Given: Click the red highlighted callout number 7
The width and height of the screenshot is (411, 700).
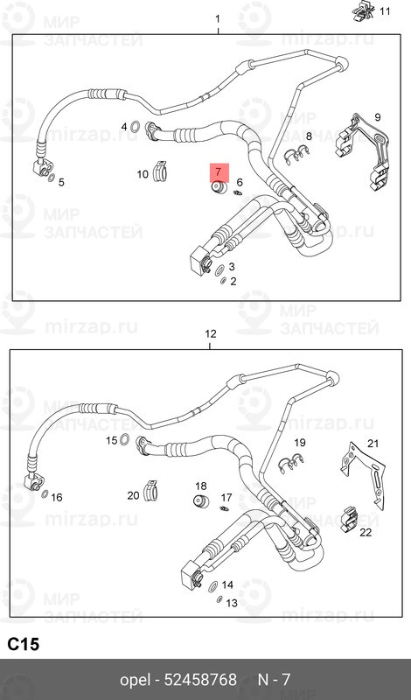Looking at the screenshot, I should [216, 171].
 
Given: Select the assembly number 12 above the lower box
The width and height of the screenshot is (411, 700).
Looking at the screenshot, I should [209, 334].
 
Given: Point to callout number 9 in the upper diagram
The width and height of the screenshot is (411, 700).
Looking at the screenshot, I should [378, 117].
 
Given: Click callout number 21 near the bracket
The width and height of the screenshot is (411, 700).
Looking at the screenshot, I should [373, 443].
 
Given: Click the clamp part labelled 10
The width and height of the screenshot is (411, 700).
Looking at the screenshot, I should [162, 171].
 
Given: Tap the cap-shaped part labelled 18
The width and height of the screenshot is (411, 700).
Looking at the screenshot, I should [199, 501].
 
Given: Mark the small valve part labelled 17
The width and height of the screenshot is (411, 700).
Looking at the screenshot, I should [225, 507].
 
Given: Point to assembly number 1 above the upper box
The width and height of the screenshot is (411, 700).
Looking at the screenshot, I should [217, 18].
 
